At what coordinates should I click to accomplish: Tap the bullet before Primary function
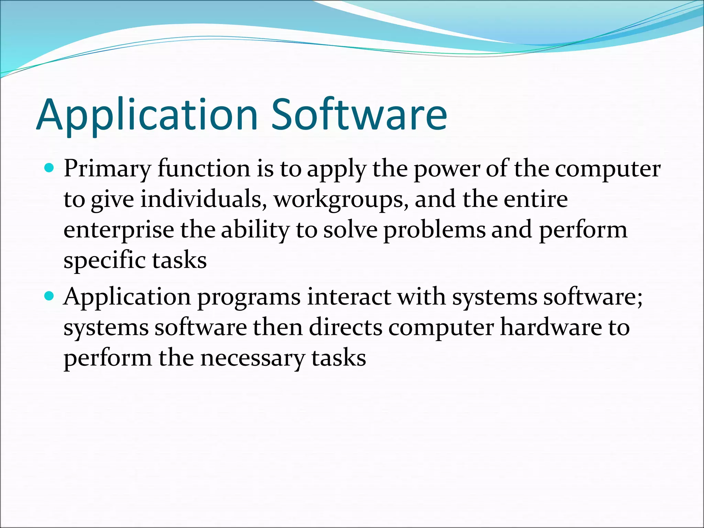point(50,168)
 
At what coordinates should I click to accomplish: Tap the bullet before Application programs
point(50,295)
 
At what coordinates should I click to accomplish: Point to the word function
point(204,169)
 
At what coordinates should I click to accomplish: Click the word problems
point(434,230)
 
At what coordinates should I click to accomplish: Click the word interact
point(349,296)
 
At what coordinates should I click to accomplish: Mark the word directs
point(345,327)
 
